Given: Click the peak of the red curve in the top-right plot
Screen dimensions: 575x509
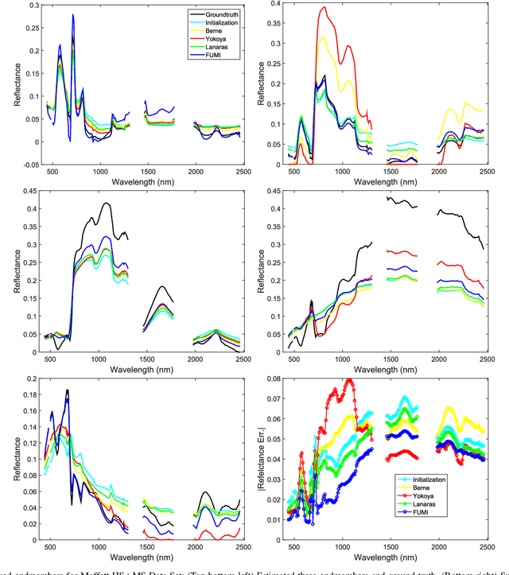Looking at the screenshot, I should tap(324, 8).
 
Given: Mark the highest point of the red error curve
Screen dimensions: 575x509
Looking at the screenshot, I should tap(348, 379).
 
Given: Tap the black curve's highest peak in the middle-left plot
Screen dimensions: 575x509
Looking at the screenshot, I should tap(106, 204).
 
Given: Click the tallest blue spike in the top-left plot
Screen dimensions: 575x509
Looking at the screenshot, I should tap(73, 14).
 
